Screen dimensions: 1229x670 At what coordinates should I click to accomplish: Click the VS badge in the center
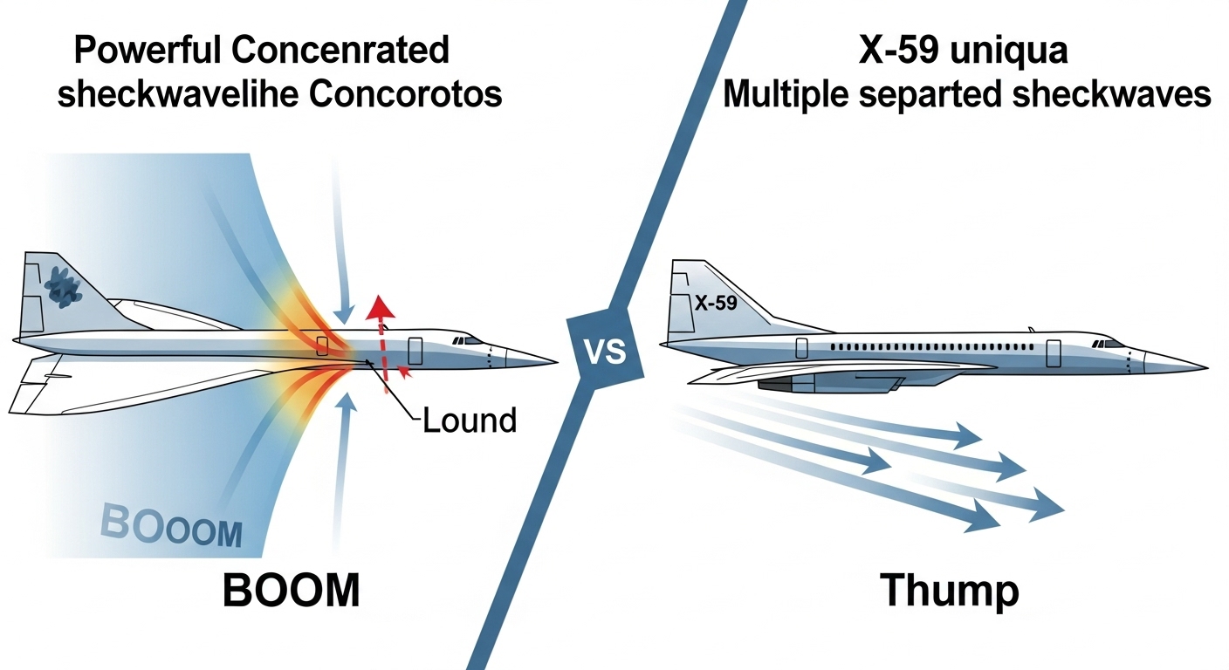coord(602,352)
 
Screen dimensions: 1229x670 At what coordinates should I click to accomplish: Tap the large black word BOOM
coord(291,591)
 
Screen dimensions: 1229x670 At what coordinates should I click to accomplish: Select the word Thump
coord(949,591)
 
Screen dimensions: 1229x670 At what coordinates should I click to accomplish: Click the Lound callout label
coord(470,420)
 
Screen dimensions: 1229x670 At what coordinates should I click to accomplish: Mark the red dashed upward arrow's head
coord(378,308)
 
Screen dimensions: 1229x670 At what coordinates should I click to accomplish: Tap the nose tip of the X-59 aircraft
coord(1206,365)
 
